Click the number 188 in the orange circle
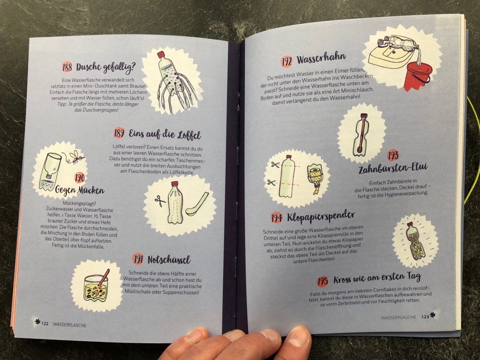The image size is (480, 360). (67, 67)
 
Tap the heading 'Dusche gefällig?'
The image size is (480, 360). (106, 68)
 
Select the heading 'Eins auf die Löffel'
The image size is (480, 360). (165, 134)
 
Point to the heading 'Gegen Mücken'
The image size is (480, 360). (80, 190)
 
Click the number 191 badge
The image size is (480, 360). (138, 260)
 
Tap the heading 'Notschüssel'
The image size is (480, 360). (169, 260)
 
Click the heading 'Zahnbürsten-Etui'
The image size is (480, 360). (393, 168)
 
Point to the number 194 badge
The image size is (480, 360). (277, 218)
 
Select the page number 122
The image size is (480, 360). (45, 324)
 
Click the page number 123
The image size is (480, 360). (425, 317)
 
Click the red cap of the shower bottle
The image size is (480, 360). (161, 54)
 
